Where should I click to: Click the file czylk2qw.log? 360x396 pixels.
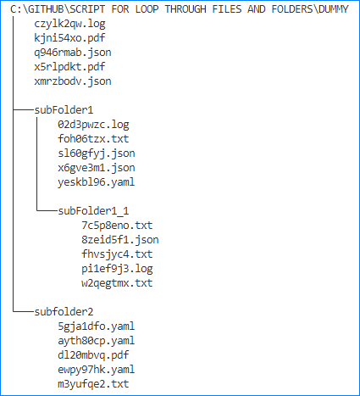point(69,24)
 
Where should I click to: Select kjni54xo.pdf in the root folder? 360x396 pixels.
point(69,38)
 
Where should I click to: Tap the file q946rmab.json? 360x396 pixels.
point(73,53)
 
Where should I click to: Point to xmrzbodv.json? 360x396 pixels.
point(73,81)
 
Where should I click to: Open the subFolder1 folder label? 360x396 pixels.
point(64,110)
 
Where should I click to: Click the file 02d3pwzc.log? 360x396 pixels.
point(93,125)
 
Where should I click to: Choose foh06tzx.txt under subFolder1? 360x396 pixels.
point(93,139)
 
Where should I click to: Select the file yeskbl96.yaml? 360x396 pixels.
point(97,182)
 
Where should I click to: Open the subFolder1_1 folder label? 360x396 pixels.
point(93,211)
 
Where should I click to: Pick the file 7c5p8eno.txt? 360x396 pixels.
point(117,226)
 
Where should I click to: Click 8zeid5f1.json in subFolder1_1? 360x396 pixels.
point(120,240)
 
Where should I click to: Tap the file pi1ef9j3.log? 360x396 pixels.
point(117,269)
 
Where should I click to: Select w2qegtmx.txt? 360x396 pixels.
point(117,283)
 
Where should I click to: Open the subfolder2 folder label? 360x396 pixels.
point(64,312)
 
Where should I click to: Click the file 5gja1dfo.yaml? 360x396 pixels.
point(97,326)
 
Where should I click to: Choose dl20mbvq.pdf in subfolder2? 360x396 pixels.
point(93,355)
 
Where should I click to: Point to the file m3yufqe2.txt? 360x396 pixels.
point(93,384)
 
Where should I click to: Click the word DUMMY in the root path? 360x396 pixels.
point(334,9)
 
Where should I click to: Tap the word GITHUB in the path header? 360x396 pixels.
point(46,9)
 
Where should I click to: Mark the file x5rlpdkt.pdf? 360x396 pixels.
point(69,67)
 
